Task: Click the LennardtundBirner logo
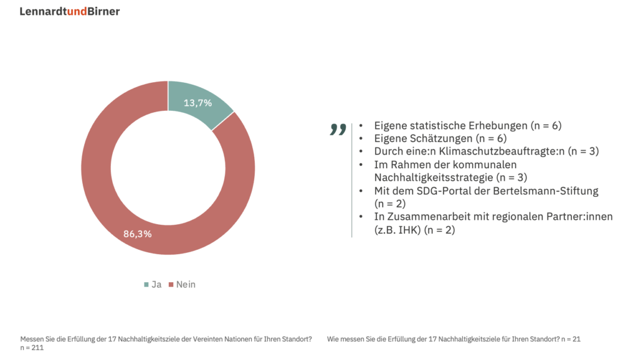pyautogui.click(x=69, y=11)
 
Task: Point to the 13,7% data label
pyautogui.click(x=198, y=103)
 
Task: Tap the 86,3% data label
pyautogui.click(x=138, y=234)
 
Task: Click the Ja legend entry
pyautogui.click(x=153, y=285)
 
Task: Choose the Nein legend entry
pyautogui.click(x=182, y=285)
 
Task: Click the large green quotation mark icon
pyautogui.click(x=338, y=130)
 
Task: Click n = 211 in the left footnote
pyautogui.click(x=32, y=348)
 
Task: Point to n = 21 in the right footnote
pyautogui.click(x=571, y=339)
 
